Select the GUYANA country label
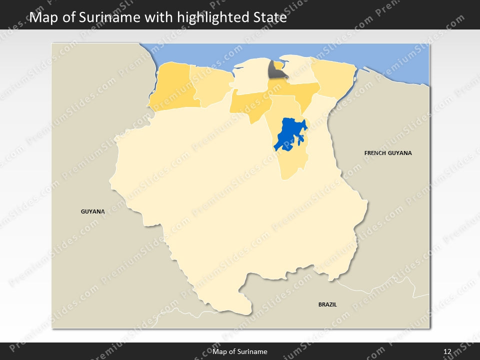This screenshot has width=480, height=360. pyautogui.click(x=93, y=211)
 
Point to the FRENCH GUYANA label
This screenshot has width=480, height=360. pyautogui.click(x=388, y=153)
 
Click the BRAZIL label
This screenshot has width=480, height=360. pyautogui.click(x=327, y=304)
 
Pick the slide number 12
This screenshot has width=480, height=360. pyautogui.click(x=447, y=351)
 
